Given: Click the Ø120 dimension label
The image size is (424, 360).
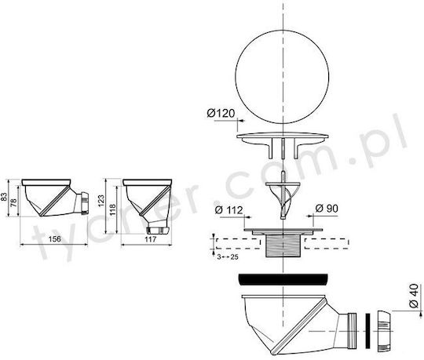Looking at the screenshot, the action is pos(221,113).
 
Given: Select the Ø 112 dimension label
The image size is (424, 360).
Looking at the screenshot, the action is pos(228,210).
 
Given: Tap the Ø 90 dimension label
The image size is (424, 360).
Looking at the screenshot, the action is pos(327,209).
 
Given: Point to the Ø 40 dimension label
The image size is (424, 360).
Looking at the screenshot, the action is pos(414,296).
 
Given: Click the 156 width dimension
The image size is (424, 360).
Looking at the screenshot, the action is pos(55,239).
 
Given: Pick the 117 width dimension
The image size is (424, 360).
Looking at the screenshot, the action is pos(150,239).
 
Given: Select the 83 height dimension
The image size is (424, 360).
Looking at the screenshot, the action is pos(4,196).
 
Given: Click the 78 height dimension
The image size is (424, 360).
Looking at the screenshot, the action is pos(13,202).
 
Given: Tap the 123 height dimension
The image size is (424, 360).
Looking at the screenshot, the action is pos(101,202).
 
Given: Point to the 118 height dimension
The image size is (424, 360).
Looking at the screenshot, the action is pos(112,210).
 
